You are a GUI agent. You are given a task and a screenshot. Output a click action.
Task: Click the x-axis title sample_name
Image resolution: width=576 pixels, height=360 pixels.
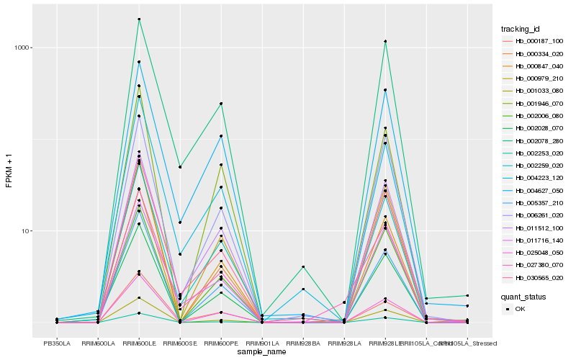pyautogui.click(x=262, y=352)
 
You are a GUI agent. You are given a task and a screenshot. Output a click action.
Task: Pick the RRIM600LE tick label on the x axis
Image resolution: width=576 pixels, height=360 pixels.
pyautogui.click(x=138, y=343)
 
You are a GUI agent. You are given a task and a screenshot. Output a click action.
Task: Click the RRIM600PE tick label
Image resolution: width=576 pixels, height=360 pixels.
pyautogui.click(x=220, y=343)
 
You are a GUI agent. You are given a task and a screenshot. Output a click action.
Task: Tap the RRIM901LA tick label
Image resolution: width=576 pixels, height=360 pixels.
pyautogui.click(x=261, y=343)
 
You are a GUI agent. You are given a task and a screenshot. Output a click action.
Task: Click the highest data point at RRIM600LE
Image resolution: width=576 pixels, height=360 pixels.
pyautogui.click(x=138, y=19)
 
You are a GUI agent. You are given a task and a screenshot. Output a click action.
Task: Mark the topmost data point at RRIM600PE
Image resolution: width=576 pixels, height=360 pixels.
pyautogui.click(x=220, y=104)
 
